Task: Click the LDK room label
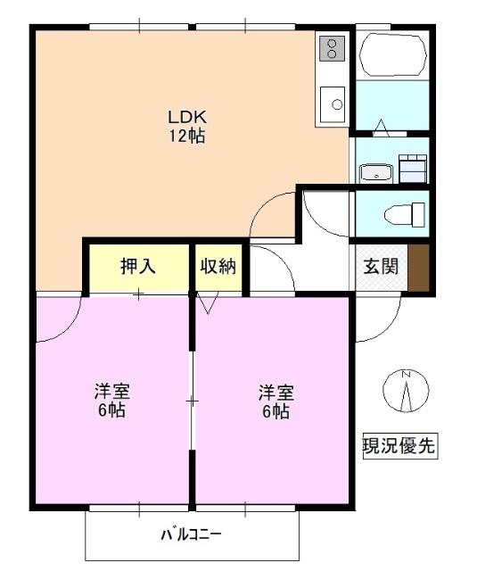click(188, 117)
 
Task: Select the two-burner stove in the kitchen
click(332, 47)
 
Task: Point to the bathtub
click(392, 56)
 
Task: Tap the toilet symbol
click(407, 215)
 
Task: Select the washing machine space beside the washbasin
click(413, 168)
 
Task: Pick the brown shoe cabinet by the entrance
click(419, 266)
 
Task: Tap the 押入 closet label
click(138, 266)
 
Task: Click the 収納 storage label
click(218, 266)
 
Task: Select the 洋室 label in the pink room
click(112, 393)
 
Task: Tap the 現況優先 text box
click(399, 445)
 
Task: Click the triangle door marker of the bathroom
click(381, 128)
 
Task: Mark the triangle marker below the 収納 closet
click(209, 304)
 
